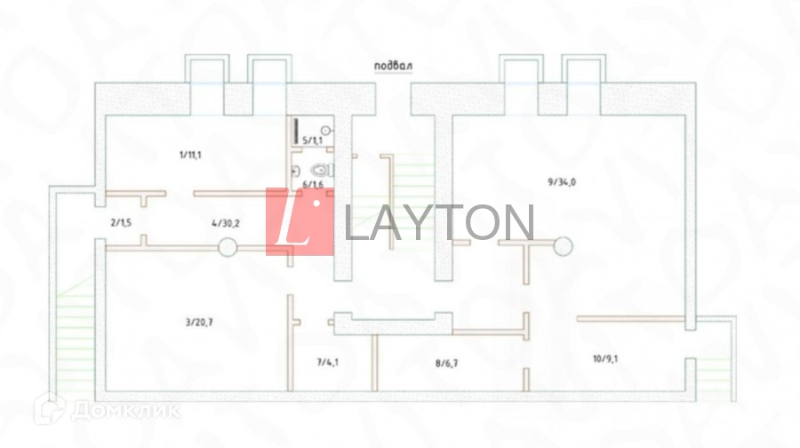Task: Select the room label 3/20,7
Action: click(199, 323)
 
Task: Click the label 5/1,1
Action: click(313, 140)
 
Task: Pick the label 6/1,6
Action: click(312, 184)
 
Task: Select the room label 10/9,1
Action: click(606, 360)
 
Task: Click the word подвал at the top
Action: click(395, 66)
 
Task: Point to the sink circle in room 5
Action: click(325, 131)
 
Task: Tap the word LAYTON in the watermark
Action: click(438, 223)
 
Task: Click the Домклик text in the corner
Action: click(124, 411)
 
